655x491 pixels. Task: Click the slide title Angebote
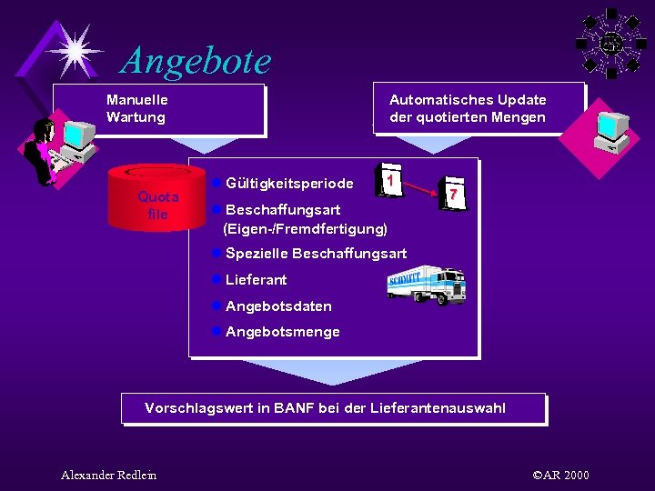[196, 61]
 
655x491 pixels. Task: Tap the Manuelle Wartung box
[158, 110]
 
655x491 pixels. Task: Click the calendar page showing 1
[390, 181]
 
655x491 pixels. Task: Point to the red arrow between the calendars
[420, 187]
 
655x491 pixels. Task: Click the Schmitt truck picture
[428, 285]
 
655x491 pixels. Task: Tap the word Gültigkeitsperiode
[288, 185]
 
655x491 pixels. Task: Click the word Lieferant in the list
[256, 280]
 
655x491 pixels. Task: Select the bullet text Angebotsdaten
[278, 306]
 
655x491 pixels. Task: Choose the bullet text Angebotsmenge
[282, 332]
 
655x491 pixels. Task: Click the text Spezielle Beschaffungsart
[316, 254]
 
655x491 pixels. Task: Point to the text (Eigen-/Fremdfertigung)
[305, 228]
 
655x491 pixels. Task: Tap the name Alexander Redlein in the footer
[108, 475]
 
